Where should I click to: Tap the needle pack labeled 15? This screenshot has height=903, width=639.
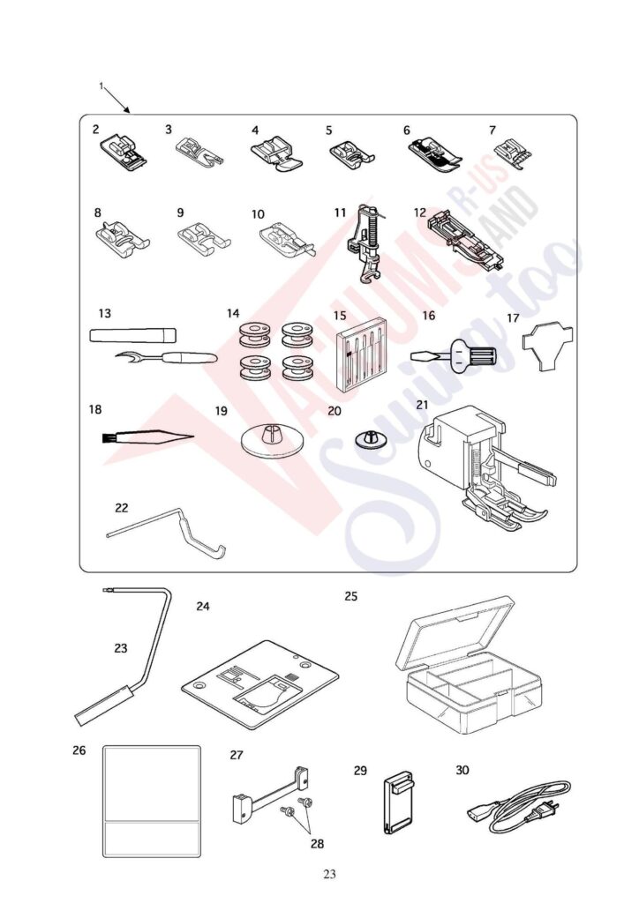click(x=363, y=360)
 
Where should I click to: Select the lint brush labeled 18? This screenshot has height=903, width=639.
click(x=141, y=436)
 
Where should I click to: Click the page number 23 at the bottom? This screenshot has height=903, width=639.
click(x=330, y=875)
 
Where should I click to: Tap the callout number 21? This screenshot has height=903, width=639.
click(x=423, y=404)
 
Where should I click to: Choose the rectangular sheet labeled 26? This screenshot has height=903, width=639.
click(x=152, y=803)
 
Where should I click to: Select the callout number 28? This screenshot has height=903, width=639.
click(x=317, y=843)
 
